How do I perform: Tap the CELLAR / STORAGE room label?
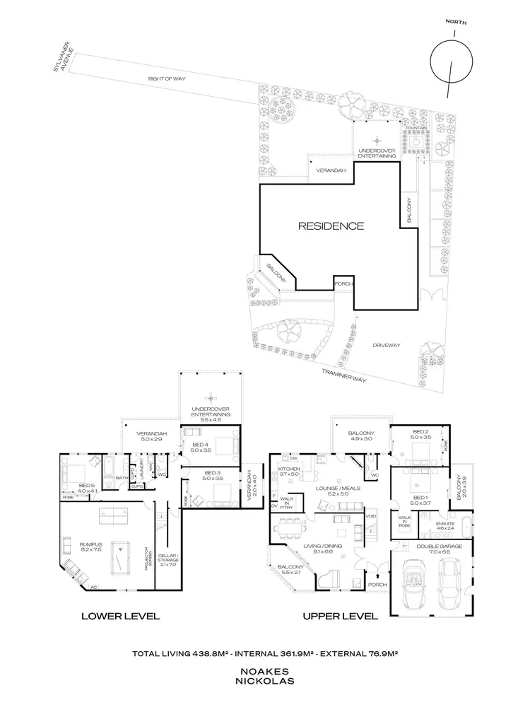point(167,559)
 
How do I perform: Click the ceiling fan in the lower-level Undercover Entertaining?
point(209,396)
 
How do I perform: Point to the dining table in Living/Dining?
point(290,528)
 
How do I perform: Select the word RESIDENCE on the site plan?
point(330,226)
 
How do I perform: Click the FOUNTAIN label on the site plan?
point(418,128)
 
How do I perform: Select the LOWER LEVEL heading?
point(120,616)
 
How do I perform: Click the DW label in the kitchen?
point(290,459)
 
